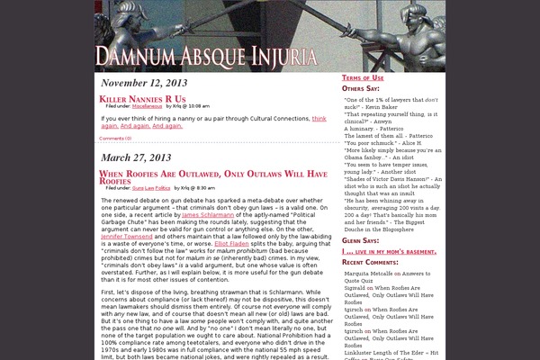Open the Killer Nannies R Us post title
click(142, 98)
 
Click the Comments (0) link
click(114, 139)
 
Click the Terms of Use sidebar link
click(362, 78)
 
